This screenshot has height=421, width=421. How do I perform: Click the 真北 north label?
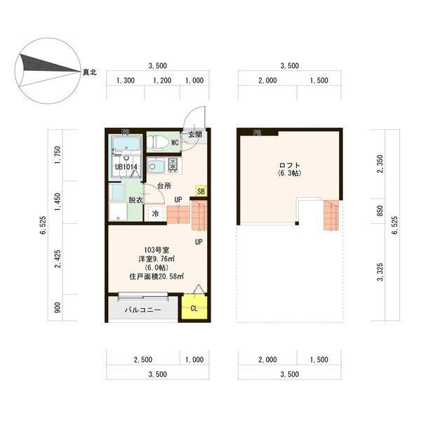click(x=90, y=72)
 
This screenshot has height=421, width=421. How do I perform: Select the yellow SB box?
click(x=201, y=191)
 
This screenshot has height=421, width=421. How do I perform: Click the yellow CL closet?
click(x=194, y=307)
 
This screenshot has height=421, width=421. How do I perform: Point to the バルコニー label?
click(x=142, y=310)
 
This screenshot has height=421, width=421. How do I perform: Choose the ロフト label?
click(x=289, y=165)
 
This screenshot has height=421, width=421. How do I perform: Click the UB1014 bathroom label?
click(x=126, y=167)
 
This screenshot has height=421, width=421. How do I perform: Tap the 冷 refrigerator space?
click(x=155, y=214)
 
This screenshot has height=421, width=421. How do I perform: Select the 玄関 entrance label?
click(x=195, y=134)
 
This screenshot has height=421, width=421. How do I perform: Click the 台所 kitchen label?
click(x=164, y=185)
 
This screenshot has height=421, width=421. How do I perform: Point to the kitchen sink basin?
click(x=156, y=166)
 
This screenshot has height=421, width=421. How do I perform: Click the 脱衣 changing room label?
click(x=135, y=200)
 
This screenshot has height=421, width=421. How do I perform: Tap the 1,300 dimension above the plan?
click(x=126, y=80)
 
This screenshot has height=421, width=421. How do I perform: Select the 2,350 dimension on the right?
click(x=380, y=163)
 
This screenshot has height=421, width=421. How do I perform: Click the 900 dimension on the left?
click(x=58, y=308)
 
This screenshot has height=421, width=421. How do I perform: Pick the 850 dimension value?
click(x=380, y=210)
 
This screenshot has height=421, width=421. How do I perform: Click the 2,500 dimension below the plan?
click(x=143, y=359)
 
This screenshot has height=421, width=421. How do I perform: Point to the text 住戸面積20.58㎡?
click(x=156, y=276)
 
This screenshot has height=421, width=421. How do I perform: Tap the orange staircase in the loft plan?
click(x=331, y=215)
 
